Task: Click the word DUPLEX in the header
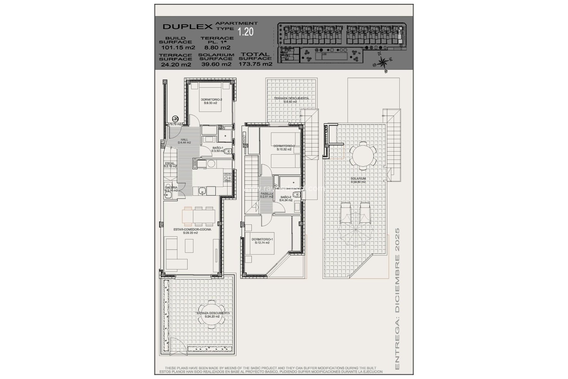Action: tap(188, 26)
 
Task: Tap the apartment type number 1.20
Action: tap(246, 31)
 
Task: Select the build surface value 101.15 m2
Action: tap(178, 47)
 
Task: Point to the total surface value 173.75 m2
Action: tap(255, 64)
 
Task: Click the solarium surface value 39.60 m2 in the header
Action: tap(216, 64)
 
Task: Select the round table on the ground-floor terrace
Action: tap(212, 314)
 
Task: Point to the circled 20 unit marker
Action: tap(175, 119)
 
